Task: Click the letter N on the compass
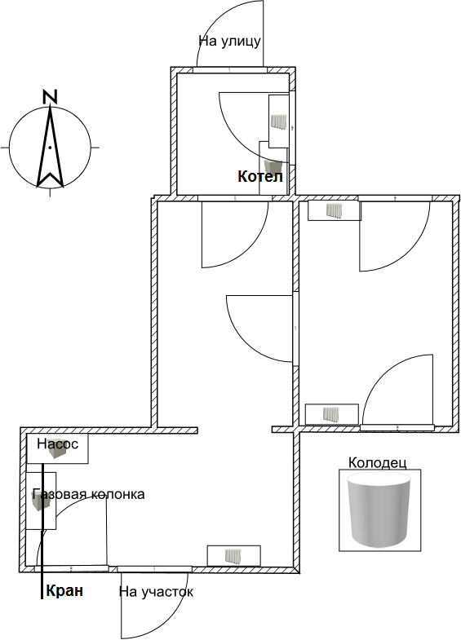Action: pyautogui.click(x=50, y=96)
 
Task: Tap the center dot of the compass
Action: pyautogui.click(x=50, y=148)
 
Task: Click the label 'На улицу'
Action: pyautogui.click(x=229, y=42)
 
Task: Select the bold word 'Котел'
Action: pyautogui.click(x=260, y=177)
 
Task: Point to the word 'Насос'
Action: pyautogui.click(x=58, y=444)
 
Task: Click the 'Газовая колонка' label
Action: pyautogui.click(x=88, y=494)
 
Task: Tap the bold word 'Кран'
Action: pyautogui.click(x=65, y=590)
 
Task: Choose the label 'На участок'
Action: pyautogui.click(x=156, y=592)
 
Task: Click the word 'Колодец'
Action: pyautogui.click(x=377, y=463)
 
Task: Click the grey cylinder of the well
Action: pyautogui.click(x=378, y=510)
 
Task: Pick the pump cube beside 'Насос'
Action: pyautogui.click(x=55, y=450)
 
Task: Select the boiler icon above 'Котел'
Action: pyautogui.click(x=273, y=166)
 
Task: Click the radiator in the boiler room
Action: pyautogui.click(x=279, y=121)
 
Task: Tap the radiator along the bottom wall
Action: pyautogui.click(x=234, y=556)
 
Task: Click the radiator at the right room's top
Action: pyautogui.click(x=335, y=210)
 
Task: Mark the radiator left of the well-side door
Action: pyautogui.click(x=331, y=414)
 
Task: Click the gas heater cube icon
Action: pyautogui.click(x=41, y=501)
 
